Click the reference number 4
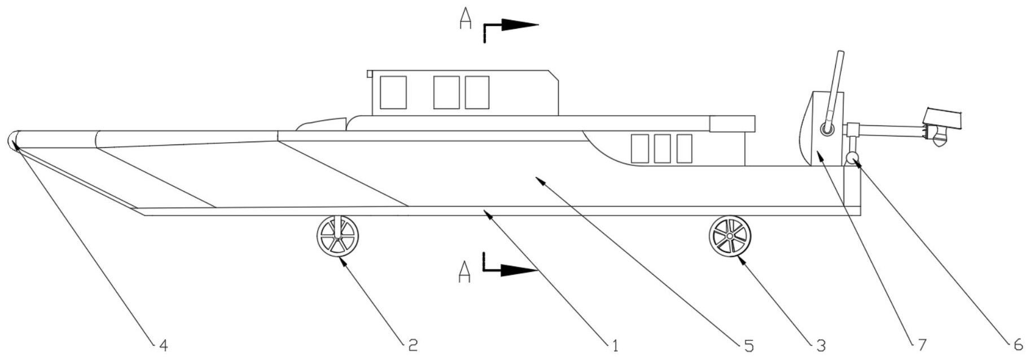pos(163,345)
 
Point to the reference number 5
pos(749,345)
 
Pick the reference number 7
pos(922,345)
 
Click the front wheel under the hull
pos(337,237)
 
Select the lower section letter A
pos(464,272)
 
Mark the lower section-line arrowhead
pos(520,271)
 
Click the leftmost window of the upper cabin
pos(393,93)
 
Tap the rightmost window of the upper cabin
pos(477,93)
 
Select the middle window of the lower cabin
pos(662,148)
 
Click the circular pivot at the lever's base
pos(827,130)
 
